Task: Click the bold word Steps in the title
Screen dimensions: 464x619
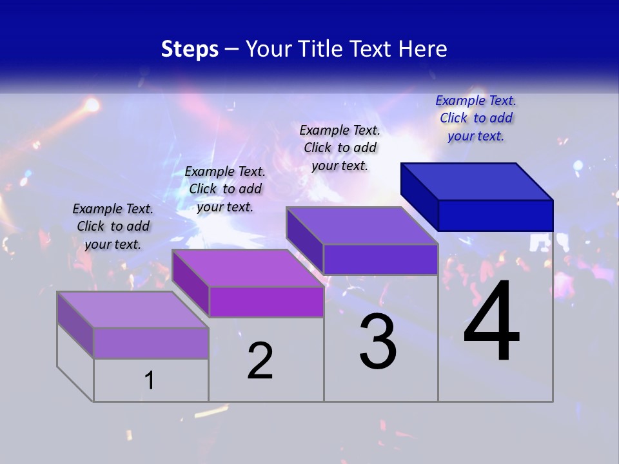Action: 190,49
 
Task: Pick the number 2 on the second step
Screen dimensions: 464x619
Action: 260,360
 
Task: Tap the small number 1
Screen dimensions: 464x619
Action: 150,380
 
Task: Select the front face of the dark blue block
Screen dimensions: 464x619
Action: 495,215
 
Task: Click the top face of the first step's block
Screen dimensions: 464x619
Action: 133,309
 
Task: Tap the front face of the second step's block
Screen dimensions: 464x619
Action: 266,302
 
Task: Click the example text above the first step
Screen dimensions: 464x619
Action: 113,226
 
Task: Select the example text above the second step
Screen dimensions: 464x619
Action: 225,189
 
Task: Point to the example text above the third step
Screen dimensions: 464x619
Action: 340,148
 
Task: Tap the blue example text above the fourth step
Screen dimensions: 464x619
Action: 476,118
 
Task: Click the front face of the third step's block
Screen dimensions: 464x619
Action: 380,259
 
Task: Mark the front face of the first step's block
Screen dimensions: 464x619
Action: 151,343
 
